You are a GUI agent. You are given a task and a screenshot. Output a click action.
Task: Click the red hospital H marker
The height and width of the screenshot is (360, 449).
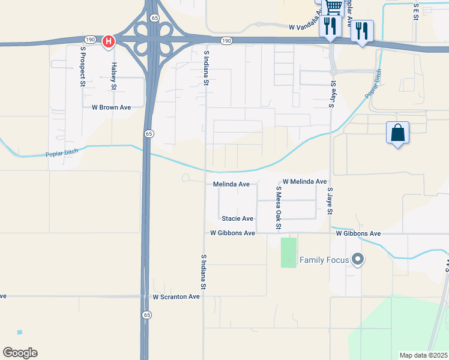pyautogui.click(x=108, y=41)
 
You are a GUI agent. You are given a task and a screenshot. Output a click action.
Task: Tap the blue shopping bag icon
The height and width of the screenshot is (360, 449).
pyautogui.click(x=397, y=133)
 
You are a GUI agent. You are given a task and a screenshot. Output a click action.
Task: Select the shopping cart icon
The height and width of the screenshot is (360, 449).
pyautogui.click(x=334, y=7)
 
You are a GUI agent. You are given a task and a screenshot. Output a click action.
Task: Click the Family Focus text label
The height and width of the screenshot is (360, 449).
pyautogui.click(x=324, y=260)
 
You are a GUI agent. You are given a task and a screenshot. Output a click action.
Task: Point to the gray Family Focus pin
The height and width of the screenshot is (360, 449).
pyautogui.click(x=358, y=259)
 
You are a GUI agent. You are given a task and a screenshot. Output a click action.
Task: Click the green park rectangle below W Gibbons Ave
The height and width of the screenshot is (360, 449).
pyautogui.click(x=289, y=253)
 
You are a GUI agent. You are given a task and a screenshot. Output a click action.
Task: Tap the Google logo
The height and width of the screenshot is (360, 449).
pyautogui.click(x=20, y=353)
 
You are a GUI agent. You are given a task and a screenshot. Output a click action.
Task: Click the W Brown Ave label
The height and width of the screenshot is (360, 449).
pyautogui.click(x=111, y=107)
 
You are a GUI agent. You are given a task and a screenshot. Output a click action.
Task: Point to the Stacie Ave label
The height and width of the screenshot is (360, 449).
pyautogui.click(x=237, y=219)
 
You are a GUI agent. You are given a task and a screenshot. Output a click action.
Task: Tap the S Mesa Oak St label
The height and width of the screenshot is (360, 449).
pyautogui.click(x=278, y=208)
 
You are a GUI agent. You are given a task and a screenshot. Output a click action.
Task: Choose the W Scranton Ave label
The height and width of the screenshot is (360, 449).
pyautogui.click(x=176, y=297)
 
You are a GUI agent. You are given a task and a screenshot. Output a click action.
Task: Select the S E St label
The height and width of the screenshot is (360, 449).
pyautogui.click(x=415, y=12)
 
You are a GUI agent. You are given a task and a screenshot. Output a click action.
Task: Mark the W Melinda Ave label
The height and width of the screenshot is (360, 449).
pyautogui.click(x=305, y=181)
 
